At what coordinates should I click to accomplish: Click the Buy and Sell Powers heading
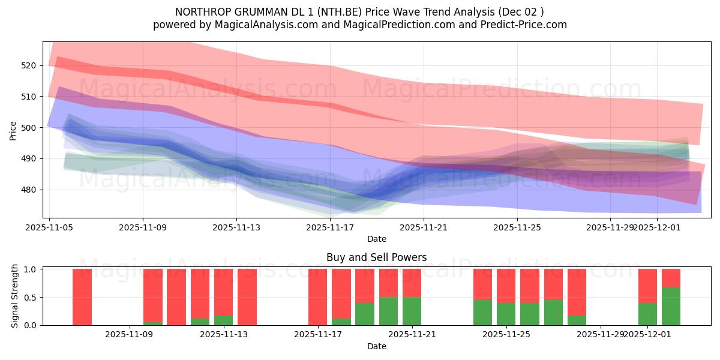coord(376,257)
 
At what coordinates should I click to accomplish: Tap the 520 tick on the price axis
coord(29,65)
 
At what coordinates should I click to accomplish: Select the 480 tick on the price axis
coord(29,190)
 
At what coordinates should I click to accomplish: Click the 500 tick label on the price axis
coord(29,127)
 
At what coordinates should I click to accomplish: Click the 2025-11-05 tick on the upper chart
coord(49,227)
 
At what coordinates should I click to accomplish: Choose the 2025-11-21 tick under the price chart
coord(424,227)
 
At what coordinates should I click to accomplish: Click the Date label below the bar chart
coord(376,346)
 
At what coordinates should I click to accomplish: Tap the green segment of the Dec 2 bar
coord(671,307)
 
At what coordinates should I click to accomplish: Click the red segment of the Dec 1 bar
coord(647,286)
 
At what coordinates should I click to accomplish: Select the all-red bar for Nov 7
coord(82,297)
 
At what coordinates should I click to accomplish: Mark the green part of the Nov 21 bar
coord(412,311)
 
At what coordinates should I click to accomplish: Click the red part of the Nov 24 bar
coord(482,284)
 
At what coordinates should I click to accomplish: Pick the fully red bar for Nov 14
coord(247,297)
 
